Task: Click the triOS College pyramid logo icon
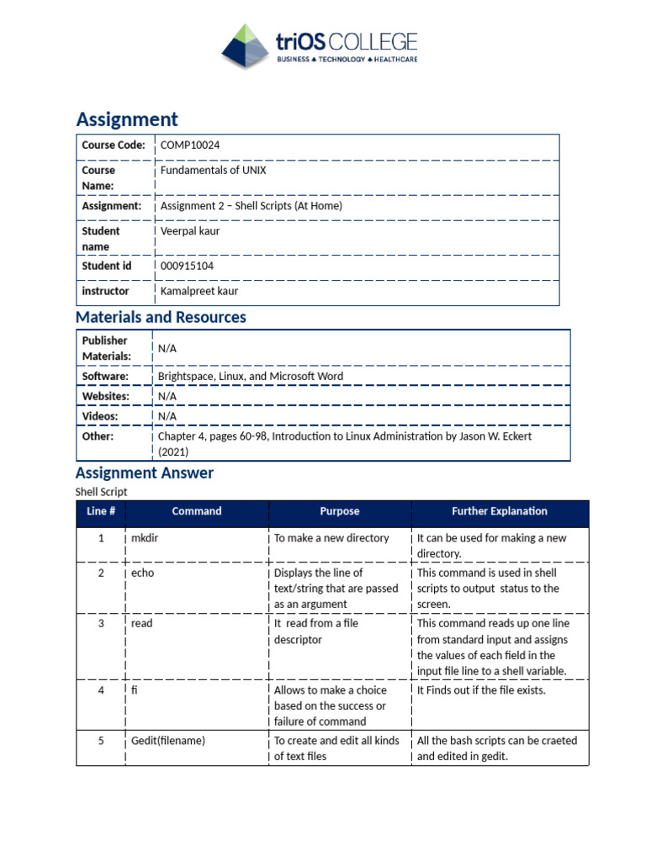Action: tap(245, 46)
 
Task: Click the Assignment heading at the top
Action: tap(127, 119)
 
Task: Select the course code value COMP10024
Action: tap(190, 145)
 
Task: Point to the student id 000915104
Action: tap(187, 267)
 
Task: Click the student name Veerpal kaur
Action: tap(190, 231)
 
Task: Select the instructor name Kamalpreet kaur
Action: tap(199, 292)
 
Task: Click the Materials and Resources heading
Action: tap(161, 318)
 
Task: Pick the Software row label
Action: tap(105, 377)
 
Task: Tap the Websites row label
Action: tap(105, 396)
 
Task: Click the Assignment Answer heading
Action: tap(145, 473)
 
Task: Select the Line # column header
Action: tap(100, 511)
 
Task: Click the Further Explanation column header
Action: tap(500, 511)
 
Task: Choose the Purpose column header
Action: tap(340, 511)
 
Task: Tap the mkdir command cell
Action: tap(145, 538)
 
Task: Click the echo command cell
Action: tap(143, 573)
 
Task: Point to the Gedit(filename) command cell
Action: tap(168, 741)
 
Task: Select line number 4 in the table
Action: tap(101, 691)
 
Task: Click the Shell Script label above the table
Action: tap(101, 492)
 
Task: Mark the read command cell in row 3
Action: tap(142, 624)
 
